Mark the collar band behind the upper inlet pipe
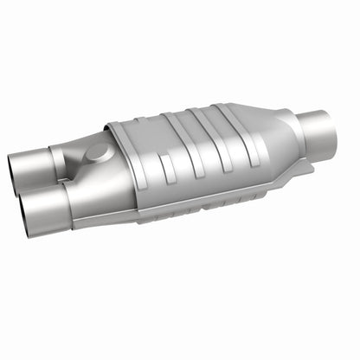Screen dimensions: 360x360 point(60,161)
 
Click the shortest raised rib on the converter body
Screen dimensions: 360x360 point(146,173)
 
